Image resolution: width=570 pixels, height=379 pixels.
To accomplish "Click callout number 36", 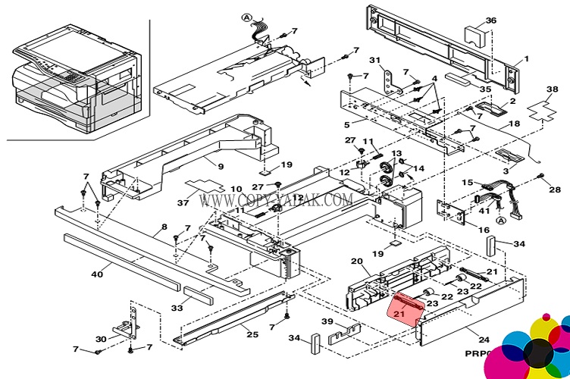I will tap(491, 20).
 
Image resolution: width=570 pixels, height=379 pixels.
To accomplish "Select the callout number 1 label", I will tap(527, 58).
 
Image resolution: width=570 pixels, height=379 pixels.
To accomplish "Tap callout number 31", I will tap(374, 61).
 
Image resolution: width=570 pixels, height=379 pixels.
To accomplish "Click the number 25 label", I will tap(252, 334).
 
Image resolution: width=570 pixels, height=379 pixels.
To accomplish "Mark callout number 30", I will tap(101, 339).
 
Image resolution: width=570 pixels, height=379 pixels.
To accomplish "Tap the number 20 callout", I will tap(356, 262).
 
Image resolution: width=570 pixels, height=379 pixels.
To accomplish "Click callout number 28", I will tap(555, 189).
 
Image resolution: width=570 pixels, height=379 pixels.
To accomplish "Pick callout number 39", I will tap(327, 321).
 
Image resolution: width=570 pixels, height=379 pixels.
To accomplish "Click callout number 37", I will tap(184, 202).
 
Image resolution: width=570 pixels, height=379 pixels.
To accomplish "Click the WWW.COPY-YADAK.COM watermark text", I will tap(276, 200).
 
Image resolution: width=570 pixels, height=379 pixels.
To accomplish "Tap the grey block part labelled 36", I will tap(475, 35).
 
